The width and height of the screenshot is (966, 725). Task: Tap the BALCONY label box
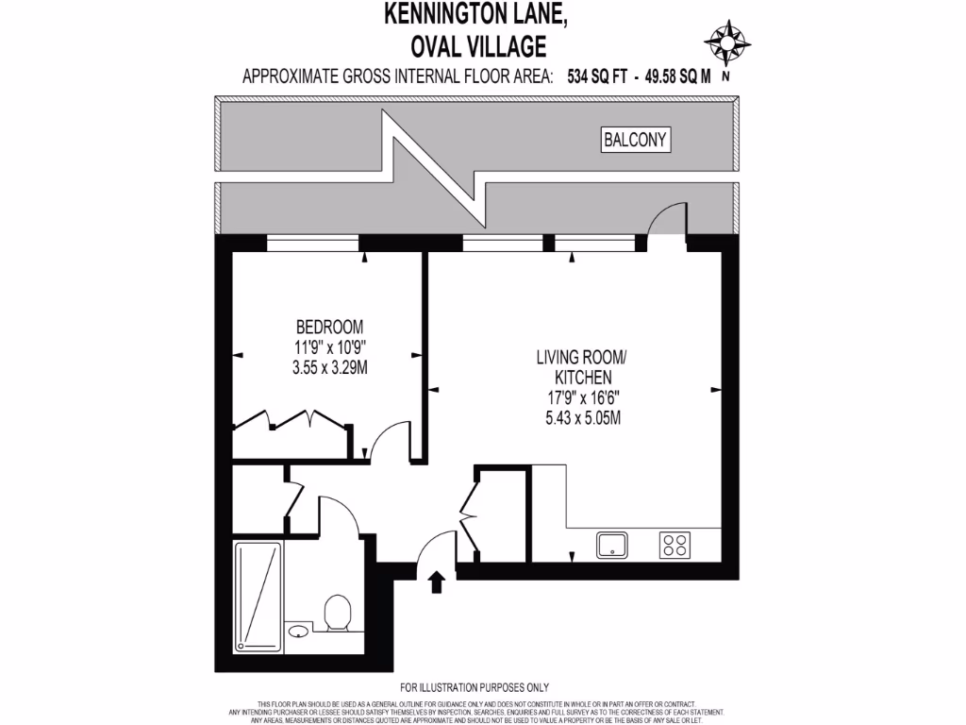(636, 141)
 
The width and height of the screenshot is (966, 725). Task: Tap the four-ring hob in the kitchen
(675, 545)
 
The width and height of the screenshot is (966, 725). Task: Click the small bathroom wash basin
(298, 631)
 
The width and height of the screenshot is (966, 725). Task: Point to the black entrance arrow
(436, 581)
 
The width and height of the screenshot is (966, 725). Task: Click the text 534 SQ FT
(596, 77)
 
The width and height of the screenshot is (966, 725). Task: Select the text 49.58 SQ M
(677, 77)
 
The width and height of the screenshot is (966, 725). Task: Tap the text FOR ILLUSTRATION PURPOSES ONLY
(475, 687)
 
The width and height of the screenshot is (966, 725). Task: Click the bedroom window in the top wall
(312, 244)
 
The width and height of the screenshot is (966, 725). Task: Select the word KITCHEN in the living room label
(582, 377)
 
